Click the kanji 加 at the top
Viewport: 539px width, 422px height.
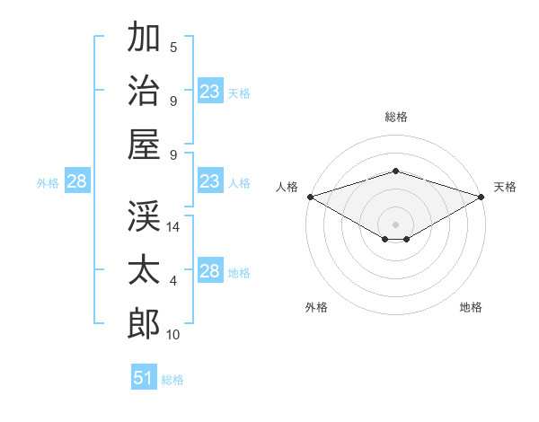point(144,37)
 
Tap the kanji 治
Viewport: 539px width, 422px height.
point(144,90)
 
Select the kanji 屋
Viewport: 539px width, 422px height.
point(144,145)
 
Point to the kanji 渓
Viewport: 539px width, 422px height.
point(144,215)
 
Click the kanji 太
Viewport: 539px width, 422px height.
point(144,269)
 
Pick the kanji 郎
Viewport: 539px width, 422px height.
point(144,324)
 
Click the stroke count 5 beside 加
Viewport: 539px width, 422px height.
point(173,48)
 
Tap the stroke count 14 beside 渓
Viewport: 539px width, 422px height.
point(172,227)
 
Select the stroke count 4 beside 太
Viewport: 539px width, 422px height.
point(173,281)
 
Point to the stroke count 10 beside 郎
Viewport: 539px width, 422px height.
point(172,335)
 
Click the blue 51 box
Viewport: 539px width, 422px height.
point(144,376)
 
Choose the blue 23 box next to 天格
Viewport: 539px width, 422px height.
point(210,91)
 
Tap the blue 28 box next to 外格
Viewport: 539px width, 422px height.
point(77,180)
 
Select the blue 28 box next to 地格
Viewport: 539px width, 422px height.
point(210,269)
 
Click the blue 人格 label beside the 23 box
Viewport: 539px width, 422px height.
point(239,183)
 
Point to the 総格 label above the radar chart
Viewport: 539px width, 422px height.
point(396,117)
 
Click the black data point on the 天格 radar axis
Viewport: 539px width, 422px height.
point(482,197)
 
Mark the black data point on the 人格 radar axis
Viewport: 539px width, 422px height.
point(311,197)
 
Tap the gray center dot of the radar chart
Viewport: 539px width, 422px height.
point(395,224)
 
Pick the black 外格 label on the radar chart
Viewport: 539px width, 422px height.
point(316,307)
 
